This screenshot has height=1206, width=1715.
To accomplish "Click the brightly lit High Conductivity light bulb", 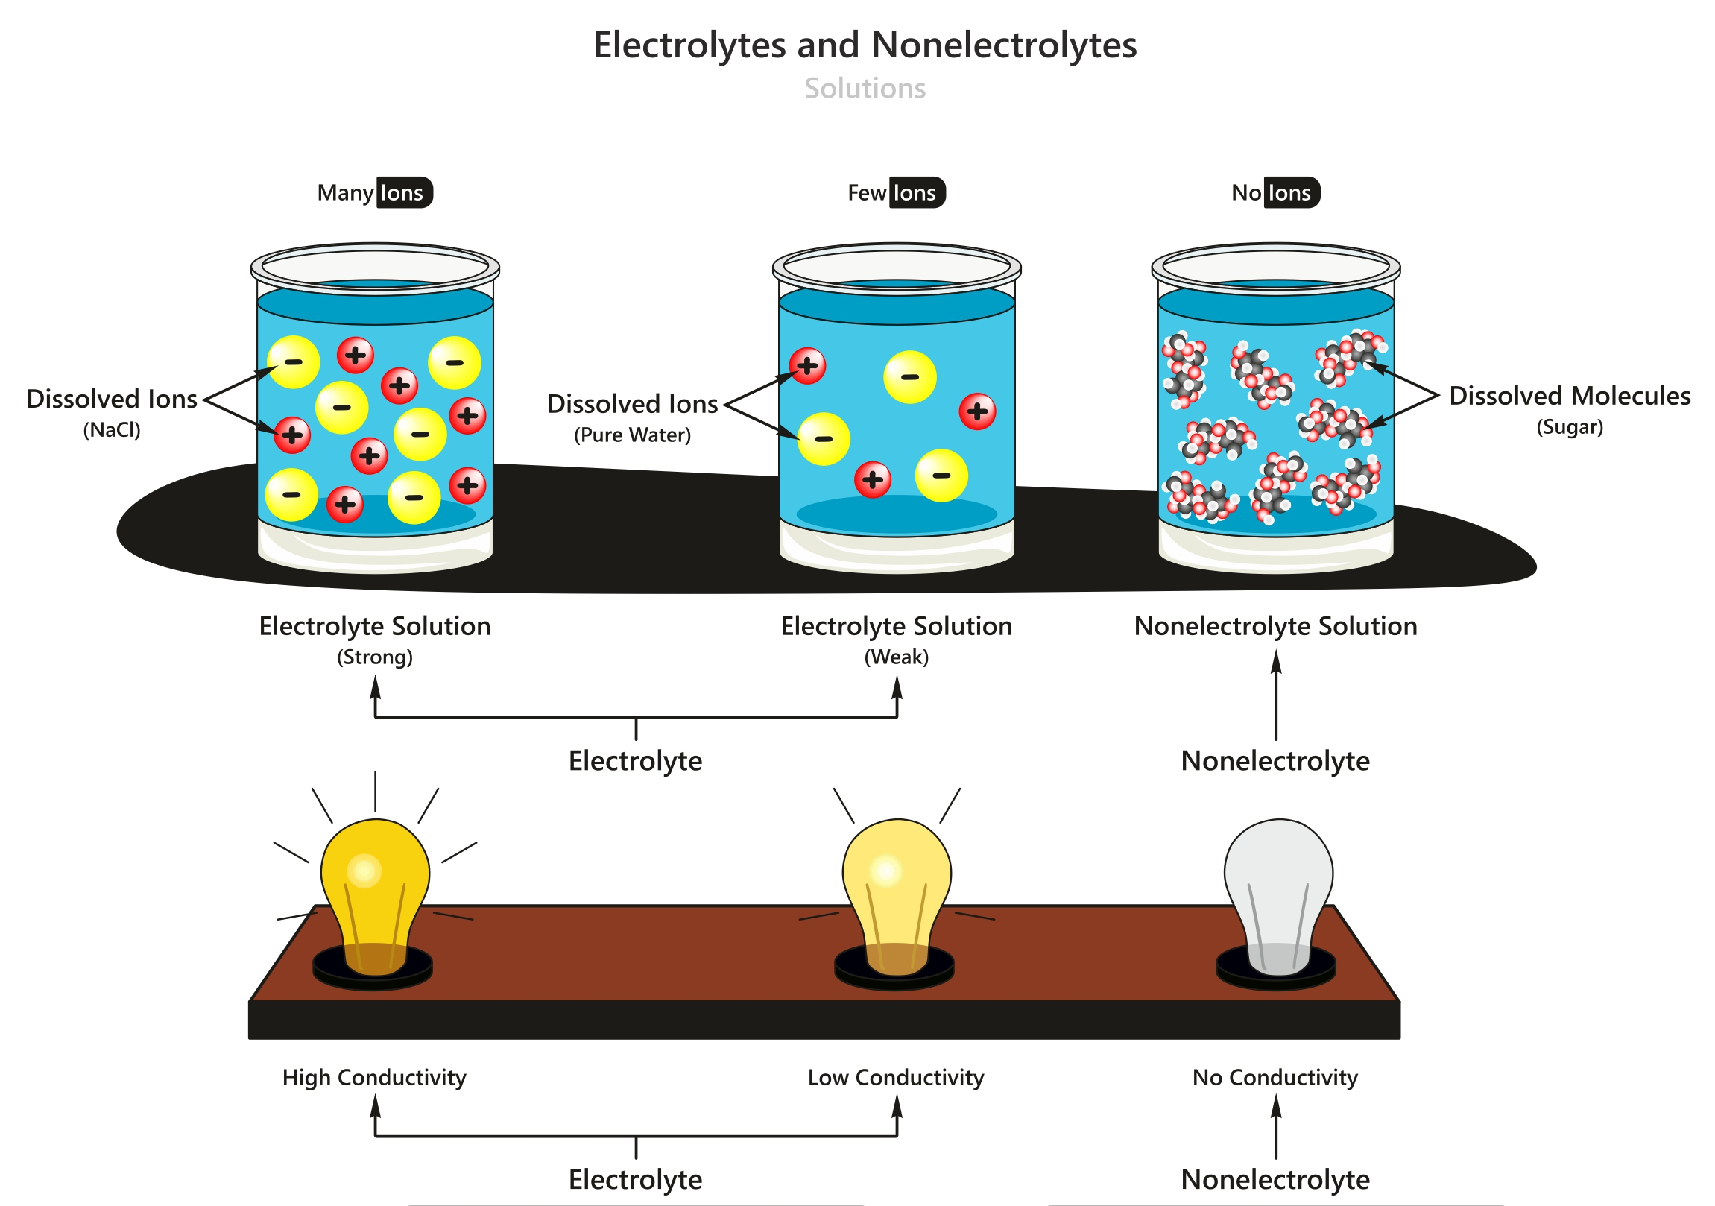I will coord(375,889).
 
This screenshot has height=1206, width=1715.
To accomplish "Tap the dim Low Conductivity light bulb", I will coord(897,889).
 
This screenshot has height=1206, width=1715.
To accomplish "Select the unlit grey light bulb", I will coord(1278,889).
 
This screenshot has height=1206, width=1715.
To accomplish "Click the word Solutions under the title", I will coord(865,88).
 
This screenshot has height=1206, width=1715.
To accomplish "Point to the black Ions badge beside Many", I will coord(403,193).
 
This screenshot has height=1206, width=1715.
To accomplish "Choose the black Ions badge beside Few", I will coord(917,193).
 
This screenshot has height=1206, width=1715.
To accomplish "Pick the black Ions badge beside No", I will coord(1291,193).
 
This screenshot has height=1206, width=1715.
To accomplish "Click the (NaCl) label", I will coord(112,430).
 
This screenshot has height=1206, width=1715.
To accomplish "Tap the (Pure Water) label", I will coord(632,435).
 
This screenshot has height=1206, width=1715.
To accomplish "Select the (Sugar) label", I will coord(1570,427).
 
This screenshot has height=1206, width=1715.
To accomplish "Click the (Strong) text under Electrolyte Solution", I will coord(375,657).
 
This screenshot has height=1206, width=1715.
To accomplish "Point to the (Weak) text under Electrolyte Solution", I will coord(897,657).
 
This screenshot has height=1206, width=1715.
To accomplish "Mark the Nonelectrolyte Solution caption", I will coord(1275,626).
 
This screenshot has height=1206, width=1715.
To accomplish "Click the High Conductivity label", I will coord(374,1078).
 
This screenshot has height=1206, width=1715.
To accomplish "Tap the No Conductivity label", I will coord(1275,1078).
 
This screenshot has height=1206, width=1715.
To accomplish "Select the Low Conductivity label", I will coord(897,1078).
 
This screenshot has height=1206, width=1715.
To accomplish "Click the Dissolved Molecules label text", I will coord(1570,396).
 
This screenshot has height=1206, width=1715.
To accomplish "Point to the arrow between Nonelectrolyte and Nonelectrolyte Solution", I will coord(1276,695).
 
